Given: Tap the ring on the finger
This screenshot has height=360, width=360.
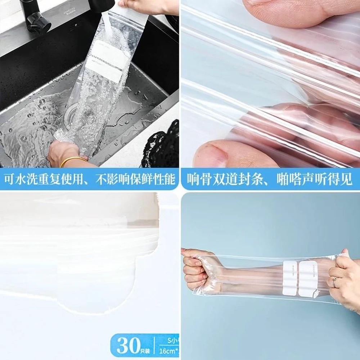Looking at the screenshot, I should click(x=334, y=282).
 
